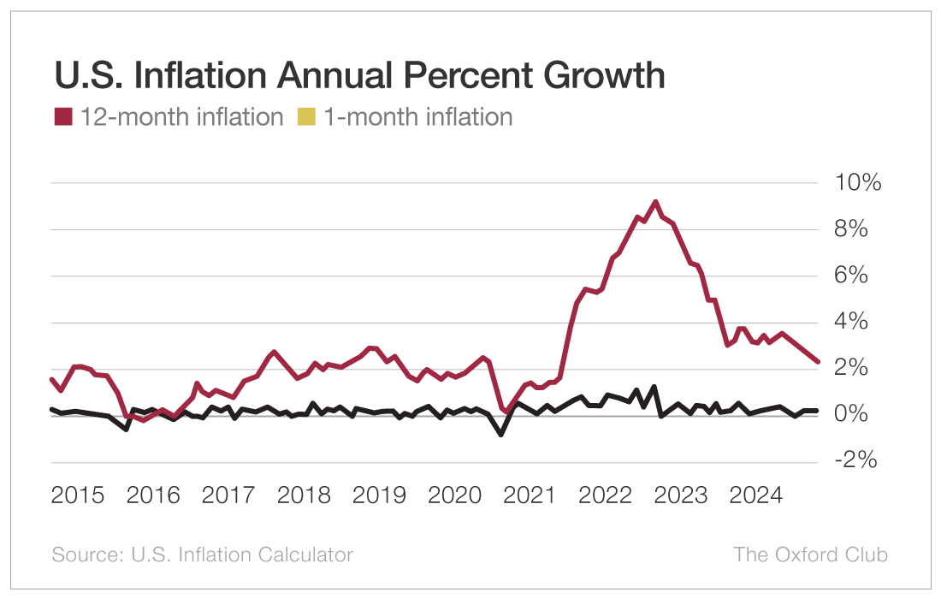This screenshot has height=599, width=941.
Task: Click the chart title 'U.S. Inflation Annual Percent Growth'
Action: tap(359, 76)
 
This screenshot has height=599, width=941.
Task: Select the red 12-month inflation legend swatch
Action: tap(63, 116)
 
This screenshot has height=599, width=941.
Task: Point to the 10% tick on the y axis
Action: tap(850, 183)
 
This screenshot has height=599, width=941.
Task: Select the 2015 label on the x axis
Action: tap(78, 495)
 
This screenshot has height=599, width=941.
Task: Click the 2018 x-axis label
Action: tap(305, 495)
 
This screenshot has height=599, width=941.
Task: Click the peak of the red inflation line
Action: tap(655, 202)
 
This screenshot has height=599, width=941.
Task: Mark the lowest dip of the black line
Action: tap(501, 434)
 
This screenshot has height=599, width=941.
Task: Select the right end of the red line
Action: tap(818, 362)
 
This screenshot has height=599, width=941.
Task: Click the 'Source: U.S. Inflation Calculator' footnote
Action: tap(203, 555)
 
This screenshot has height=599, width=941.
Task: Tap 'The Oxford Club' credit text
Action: tap(810, 555)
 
